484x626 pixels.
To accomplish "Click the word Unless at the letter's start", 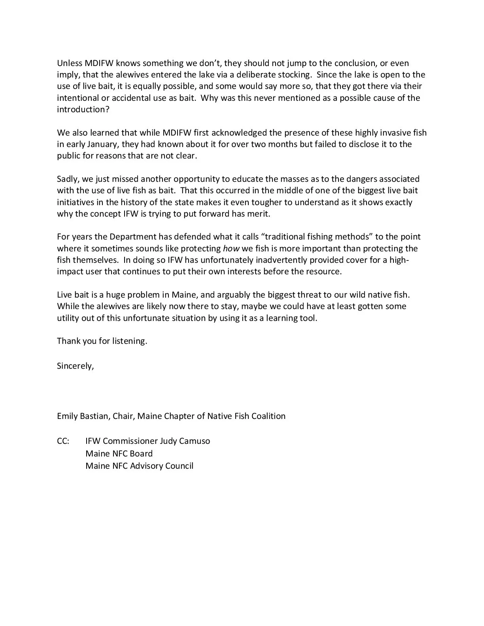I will tap(70, 63).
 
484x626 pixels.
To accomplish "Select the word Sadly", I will tap(68, 179).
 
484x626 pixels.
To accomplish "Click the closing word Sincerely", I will tap(75, 366).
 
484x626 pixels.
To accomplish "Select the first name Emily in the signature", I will tap(68, 416).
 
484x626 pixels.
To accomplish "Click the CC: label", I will tap(63, 441).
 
